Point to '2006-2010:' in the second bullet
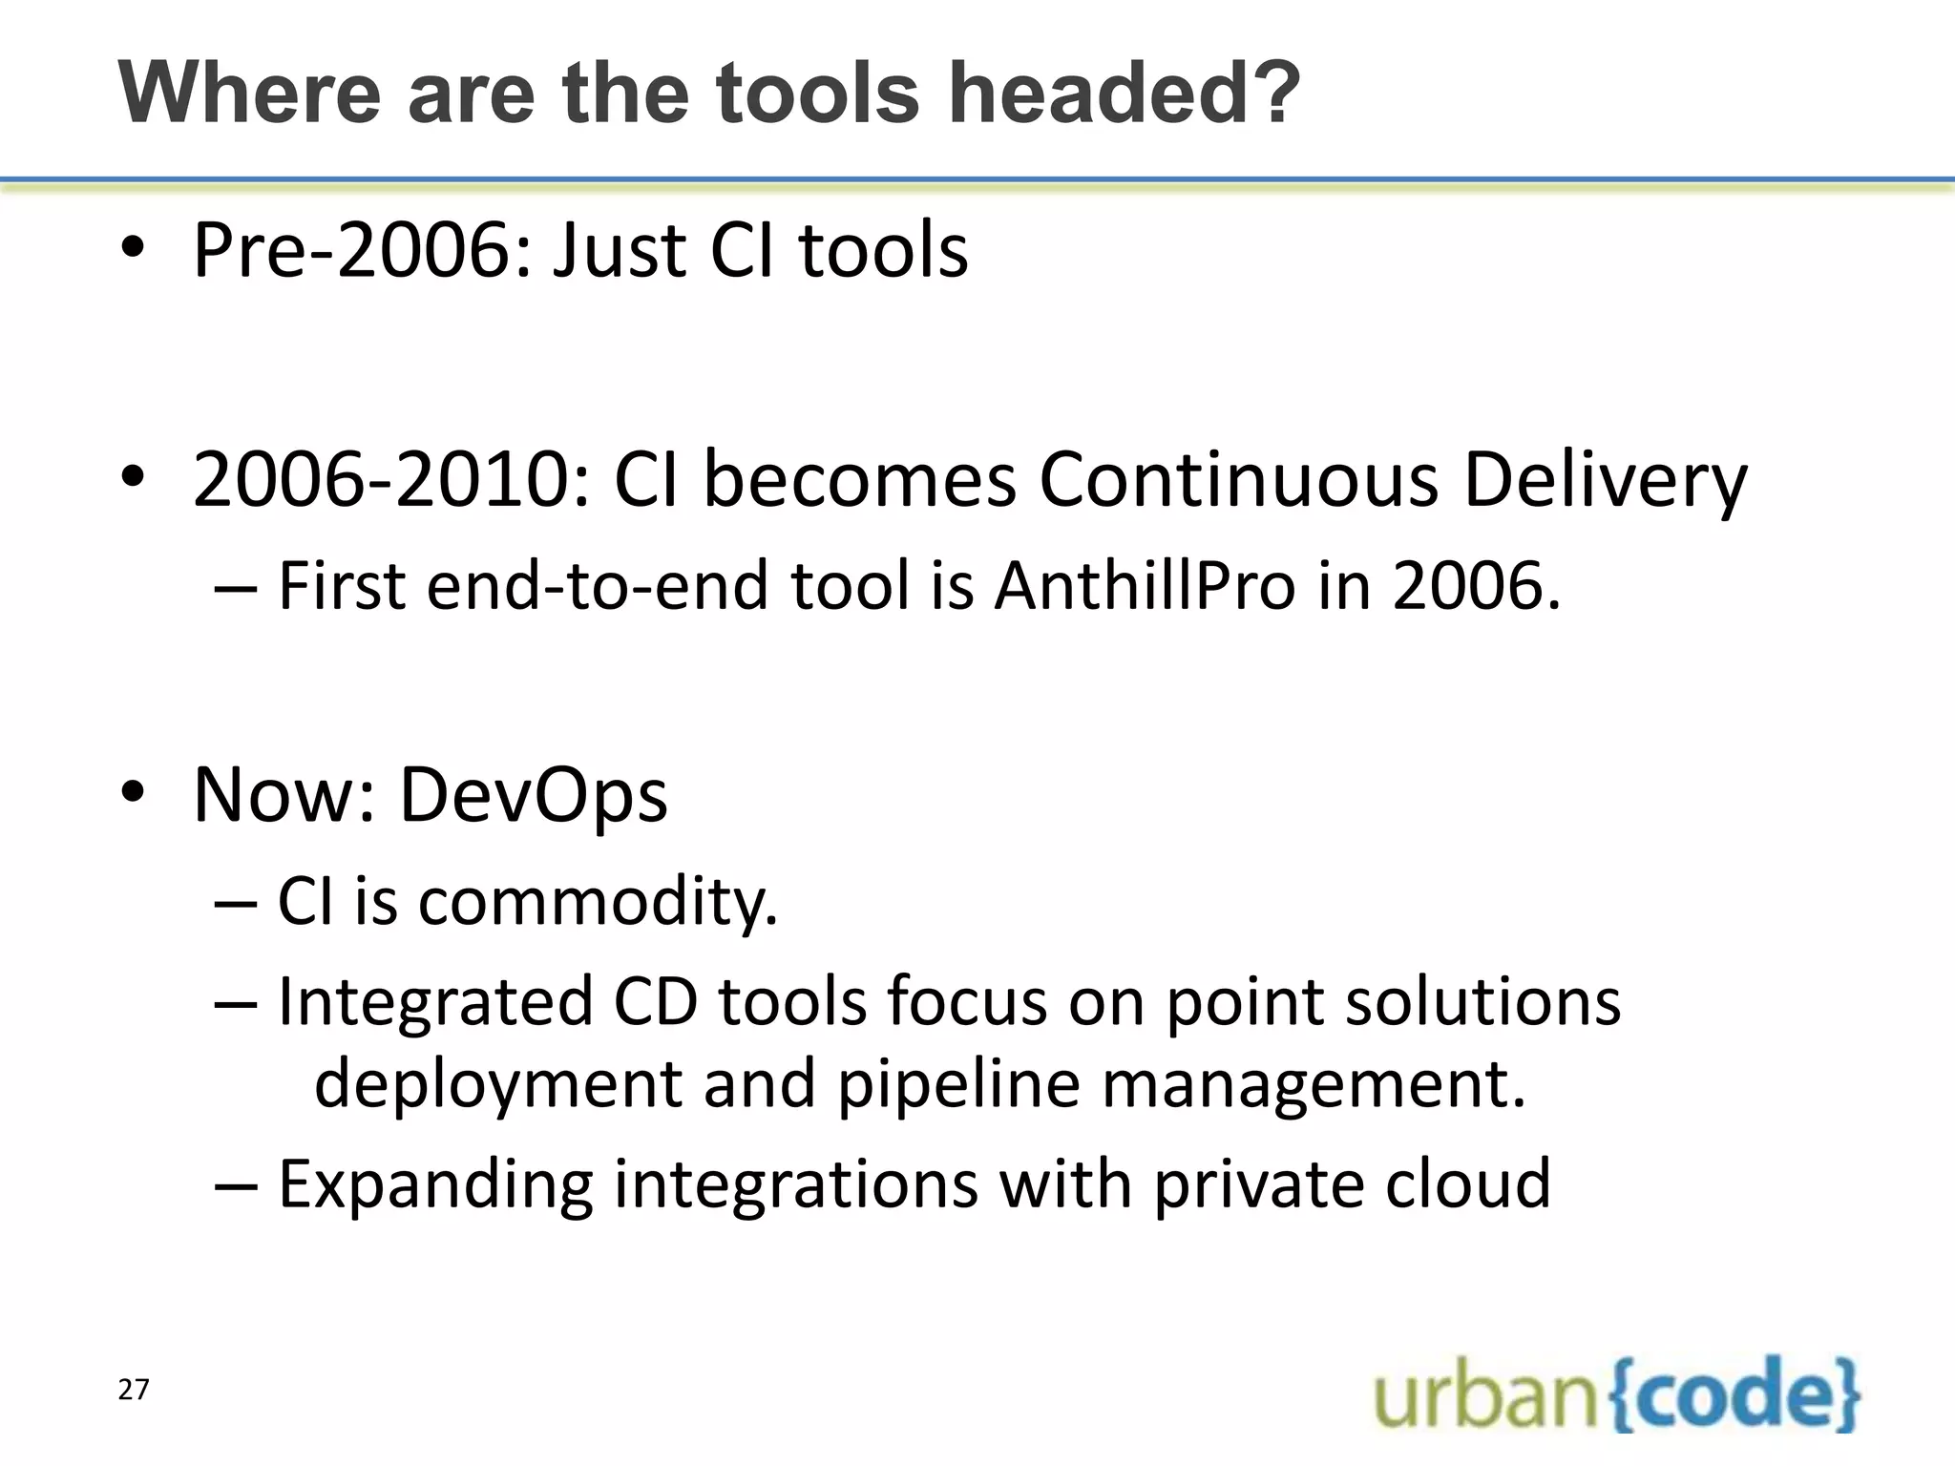(x=392, y=479)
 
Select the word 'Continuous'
(x=1238, y=479)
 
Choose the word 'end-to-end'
(x=598, y=585)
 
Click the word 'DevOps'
(x=533, y=795)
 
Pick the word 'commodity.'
(x=598, y=902)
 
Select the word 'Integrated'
(x=434, y=1002)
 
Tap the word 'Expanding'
(x=434, y=1184)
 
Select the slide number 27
(x=134, y=1390)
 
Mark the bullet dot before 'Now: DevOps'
(x=133, y=791)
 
